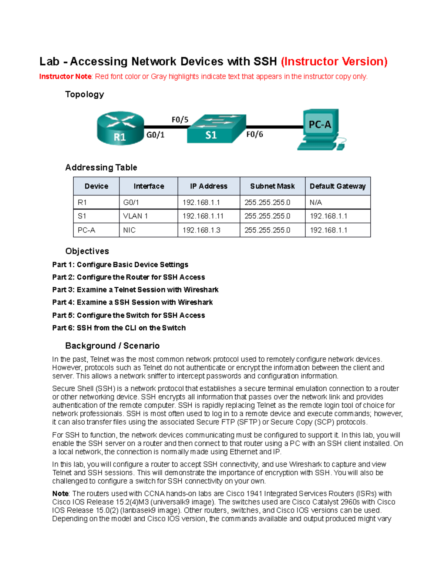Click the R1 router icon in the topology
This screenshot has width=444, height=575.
(x=120, y=128)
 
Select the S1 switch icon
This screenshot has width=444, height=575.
(x=216, y=128)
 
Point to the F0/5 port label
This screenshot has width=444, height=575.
(x=180, y=120)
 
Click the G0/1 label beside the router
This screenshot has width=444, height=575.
(x=155, y=135)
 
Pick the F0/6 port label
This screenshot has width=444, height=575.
(x=255, y=134)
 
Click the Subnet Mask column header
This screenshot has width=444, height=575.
(x=272, y=186)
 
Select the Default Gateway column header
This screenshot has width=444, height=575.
(x=337, y=186)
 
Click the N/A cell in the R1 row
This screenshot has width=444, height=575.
(x=316, y=203)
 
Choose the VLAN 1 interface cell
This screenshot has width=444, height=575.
(x=135, y=216)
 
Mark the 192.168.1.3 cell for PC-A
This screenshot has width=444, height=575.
(x=201, y=230)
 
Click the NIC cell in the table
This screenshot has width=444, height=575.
(x=129, y=230)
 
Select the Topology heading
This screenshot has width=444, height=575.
(x=84, y=94)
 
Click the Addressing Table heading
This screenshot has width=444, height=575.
(x=101, y=168)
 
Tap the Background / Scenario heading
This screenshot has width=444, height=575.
(x=112, y=346)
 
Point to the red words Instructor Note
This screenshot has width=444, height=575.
(x=65, y=77)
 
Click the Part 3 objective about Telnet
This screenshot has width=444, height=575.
(x=135, y=290)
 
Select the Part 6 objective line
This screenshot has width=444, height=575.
(x=119, y=328)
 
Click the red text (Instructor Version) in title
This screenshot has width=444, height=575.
(x=334, y=61)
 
